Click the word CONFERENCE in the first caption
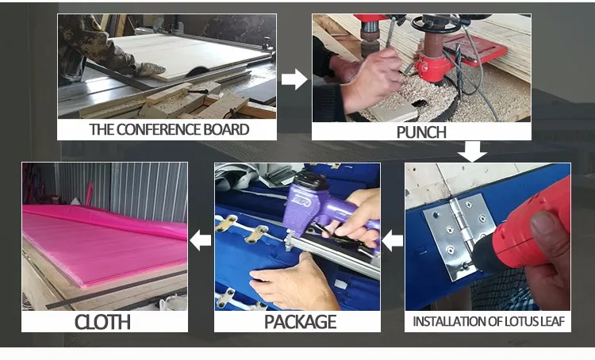158,130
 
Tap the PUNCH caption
421,132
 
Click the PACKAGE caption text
300,322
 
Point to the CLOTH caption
102,322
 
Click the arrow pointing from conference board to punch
294,79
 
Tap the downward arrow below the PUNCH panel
472,151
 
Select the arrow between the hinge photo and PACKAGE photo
392,240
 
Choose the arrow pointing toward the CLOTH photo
200,240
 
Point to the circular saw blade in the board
198,71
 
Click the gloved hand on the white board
149,69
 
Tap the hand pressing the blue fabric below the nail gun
292,281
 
